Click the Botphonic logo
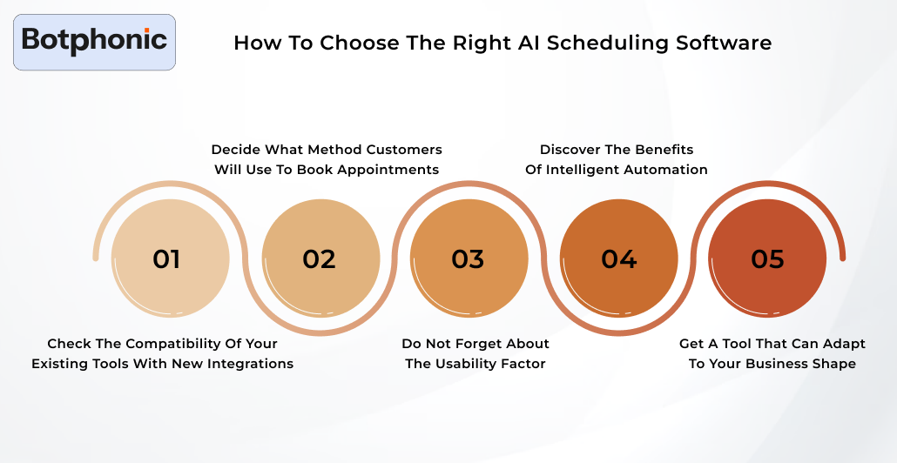pyautogui.click(x=94, y=41)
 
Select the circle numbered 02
pyautogui.click(x=320, y=258)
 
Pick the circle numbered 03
pyautogui.click(x=469, y=258)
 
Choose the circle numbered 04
pyautogui.click(x=618, y=258)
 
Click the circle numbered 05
pyautogui.click(x=767, y=258)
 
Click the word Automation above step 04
pyautogui.click(x=665, y=170)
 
